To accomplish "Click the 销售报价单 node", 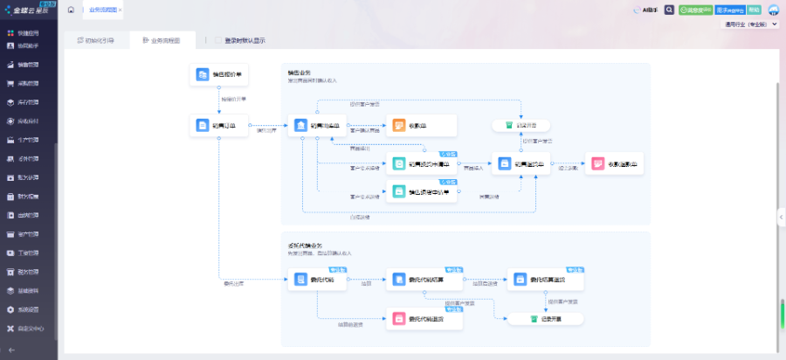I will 220,75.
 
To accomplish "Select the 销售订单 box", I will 220,126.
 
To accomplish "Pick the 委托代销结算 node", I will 424,280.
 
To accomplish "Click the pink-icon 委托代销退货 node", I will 424,319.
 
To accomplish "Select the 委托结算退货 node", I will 545,280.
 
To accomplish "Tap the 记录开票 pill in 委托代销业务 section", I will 545,319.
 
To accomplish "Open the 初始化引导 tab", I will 95,40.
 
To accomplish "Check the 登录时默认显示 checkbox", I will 217,40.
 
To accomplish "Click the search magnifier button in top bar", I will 670,10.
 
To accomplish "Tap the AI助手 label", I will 649,10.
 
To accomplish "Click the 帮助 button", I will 755,10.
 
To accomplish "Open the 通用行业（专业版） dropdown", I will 750,25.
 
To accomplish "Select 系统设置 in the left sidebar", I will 28,309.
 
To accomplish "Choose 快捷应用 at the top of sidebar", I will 28,32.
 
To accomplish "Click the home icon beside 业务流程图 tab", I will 70,10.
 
